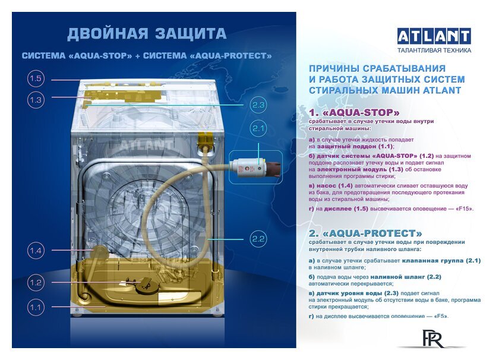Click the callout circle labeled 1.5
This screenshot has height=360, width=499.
coord(36,79)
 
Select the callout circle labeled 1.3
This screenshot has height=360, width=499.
coord(36,100)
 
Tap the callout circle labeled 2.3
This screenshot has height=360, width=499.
coord(258,105)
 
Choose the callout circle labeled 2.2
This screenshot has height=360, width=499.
coord(258,239)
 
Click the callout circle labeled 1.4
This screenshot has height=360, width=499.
coord(36,251)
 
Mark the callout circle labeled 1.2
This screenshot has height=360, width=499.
coord(36,283)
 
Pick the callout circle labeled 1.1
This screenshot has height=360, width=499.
coord(36,307)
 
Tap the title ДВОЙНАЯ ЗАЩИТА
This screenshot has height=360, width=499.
coord(146,34)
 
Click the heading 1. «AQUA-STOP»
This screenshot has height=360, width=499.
coord(354,112)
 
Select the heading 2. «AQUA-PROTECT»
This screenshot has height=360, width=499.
coord(365,233)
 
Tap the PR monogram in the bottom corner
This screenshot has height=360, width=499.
coord(430,339)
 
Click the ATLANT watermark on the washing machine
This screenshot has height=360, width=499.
coord(146,144)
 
